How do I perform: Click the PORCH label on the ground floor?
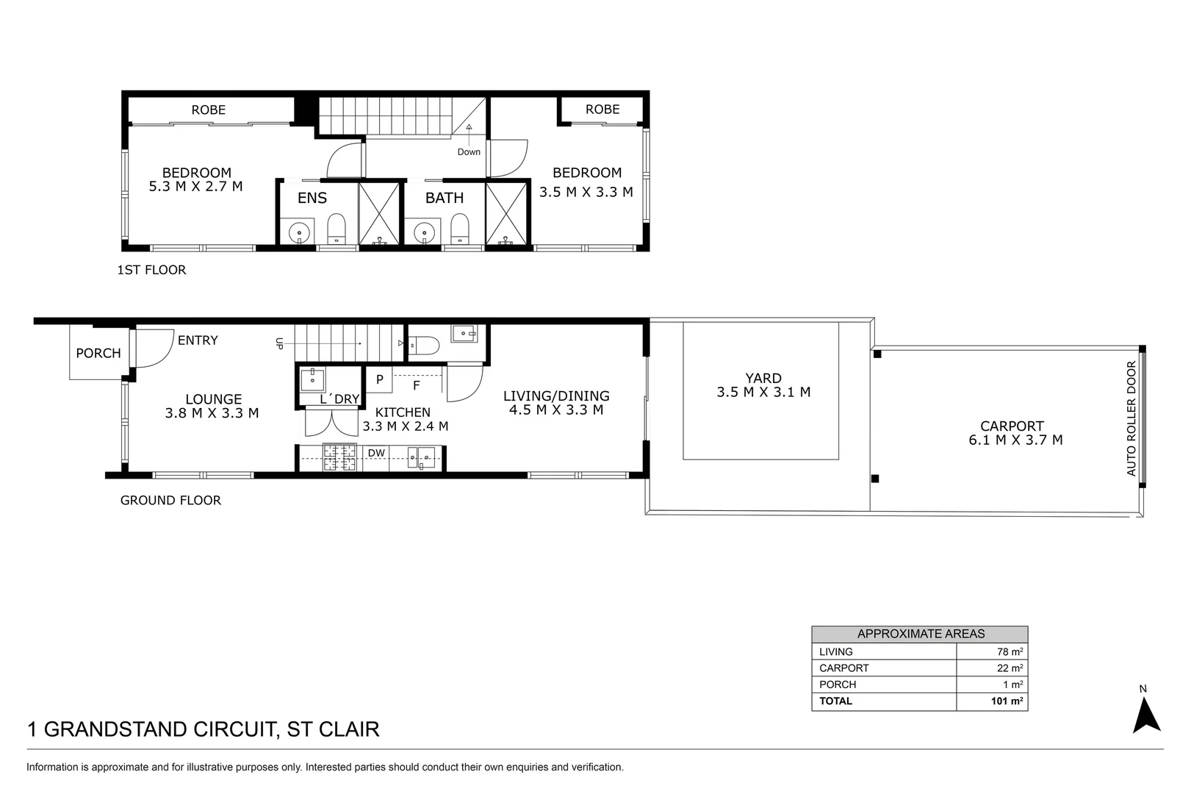pos(98,354)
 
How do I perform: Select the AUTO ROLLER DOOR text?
pos(1131,418)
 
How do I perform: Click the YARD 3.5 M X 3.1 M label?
pos(763,385)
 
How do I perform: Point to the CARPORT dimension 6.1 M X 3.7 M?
pos(1015,440)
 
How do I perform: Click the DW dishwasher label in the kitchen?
pos(376,453)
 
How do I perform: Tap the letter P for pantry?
pos(380,380)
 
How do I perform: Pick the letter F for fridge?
pos(417,385)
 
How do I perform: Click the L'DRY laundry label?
pos(339,399)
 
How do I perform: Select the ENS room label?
pos(312,198)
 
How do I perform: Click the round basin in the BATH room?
pos(423,234)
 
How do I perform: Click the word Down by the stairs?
pos(469,152)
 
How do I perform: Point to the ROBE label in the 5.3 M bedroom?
pos(209,110)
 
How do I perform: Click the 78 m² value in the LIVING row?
pos(1010,651)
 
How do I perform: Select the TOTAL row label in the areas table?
pos(836,701)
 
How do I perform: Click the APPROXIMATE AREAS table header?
pos(920,634)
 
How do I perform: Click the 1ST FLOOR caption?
pos(152,270)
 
